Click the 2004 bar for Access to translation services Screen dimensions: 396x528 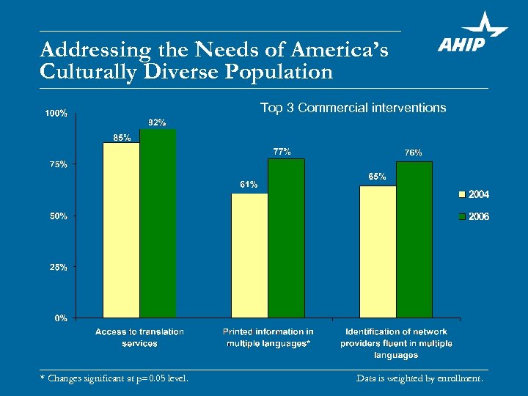(121, 230)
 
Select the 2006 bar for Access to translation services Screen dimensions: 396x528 (158, 223)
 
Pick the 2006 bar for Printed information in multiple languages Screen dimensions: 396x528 (286, 238)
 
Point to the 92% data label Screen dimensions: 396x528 (157, 122)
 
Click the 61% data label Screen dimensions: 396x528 (249, 184)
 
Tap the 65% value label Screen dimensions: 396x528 (377, 177)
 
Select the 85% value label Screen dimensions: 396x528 (122, 137)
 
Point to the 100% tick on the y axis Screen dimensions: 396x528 (56, 114)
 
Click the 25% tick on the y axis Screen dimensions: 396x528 (58, 267)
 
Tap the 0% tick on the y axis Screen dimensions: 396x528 (61, 318)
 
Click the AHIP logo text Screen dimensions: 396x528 (462, 45)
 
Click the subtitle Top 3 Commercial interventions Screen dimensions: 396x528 (353, 108)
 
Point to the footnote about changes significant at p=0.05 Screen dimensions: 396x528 (114, 379)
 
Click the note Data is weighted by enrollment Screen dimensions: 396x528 (419, 379)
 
